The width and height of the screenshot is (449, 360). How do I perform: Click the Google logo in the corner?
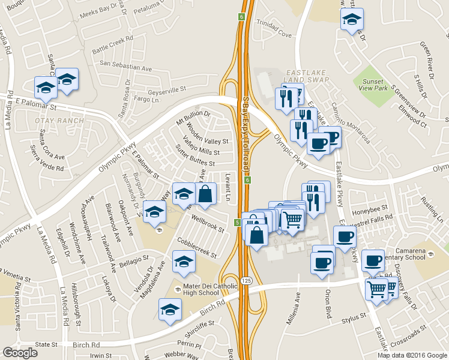coord(20,353)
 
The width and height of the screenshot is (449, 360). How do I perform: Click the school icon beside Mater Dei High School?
coord(177,289)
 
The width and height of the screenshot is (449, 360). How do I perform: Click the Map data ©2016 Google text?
coord(412,355)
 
